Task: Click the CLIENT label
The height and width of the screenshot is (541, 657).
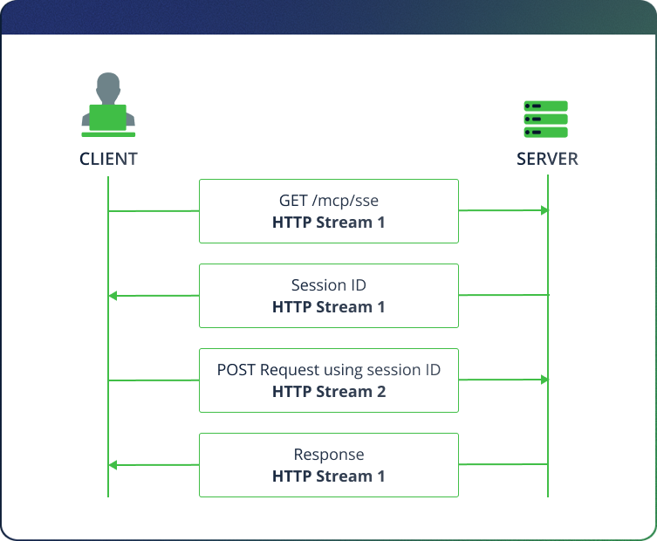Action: click(x=108, y=159)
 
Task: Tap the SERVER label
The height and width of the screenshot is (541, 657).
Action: click(x=547, y=159)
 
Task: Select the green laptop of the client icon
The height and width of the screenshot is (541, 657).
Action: click(x=108, y=118)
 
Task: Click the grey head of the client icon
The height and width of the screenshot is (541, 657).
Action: click(x=108, y=88)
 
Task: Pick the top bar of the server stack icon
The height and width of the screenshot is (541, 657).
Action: click(x=545, y=106)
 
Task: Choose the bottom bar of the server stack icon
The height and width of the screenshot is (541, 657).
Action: click(x=545, y=133)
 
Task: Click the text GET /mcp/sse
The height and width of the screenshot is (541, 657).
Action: click(x=329, y=201)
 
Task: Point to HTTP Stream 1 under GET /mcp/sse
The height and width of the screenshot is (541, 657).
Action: click(x=329, y=223)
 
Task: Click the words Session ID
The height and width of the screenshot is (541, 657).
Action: click(x=329, y=285)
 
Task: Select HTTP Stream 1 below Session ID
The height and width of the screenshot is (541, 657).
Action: click(x=329, y=307)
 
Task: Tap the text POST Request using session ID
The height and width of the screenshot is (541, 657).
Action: click(x=329, y=370)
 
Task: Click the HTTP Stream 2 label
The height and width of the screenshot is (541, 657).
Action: click(x=329, y=392)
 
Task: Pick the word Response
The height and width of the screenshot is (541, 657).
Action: click(x=329, y=455)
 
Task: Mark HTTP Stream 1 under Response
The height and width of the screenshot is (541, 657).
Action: click(x=329, y=476)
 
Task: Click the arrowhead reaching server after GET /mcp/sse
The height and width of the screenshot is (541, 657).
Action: click(x=544, y=210)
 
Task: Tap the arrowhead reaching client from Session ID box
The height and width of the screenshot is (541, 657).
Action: click(x=113, y=296)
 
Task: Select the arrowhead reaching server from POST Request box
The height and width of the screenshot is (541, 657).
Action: click(x=544, y=380)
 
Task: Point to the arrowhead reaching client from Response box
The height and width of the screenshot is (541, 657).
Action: click(x=113, y=465)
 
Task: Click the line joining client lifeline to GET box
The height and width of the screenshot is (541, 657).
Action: click(x=154, y=211)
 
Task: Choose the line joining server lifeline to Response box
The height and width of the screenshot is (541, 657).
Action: click(x=503, y=464)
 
